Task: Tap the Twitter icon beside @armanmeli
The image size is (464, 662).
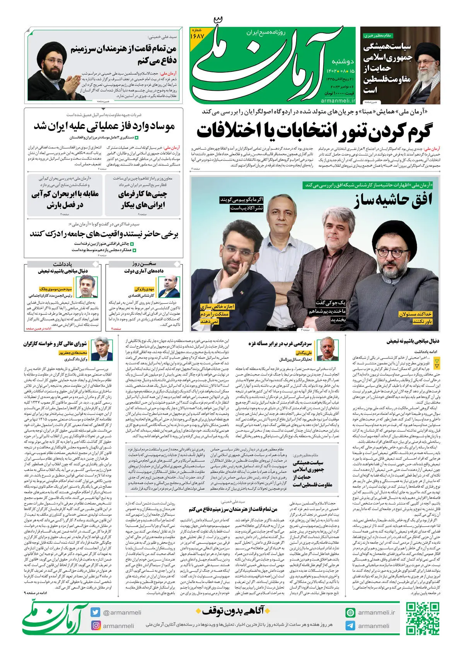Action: [96, 612]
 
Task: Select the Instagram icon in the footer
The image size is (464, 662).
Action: [96, 625]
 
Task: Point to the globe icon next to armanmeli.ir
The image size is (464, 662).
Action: [350, 613]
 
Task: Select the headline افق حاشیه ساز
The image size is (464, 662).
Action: [392, 200]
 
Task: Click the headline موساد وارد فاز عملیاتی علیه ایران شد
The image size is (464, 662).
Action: [104, 126]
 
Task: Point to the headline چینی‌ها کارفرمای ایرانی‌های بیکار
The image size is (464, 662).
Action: [143, 199]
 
